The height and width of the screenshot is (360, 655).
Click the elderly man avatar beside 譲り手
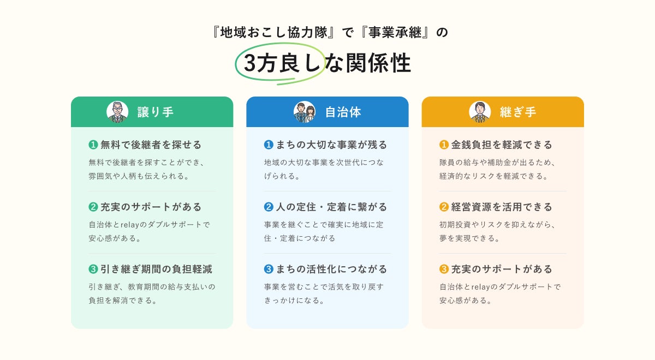pos(117,112)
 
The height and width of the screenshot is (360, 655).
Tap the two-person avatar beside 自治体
pos(304,112)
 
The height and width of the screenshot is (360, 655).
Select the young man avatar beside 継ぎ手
pos(479,112)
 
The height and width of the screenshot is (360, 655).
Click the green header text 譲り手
pos(156,112)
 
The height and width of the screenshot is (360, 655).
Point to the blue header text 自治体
pos(343,112)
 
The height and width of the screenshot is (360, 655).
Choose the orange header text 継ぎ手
pos(518,112)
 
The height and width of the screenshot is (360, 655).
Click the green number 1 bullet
pos(93,145)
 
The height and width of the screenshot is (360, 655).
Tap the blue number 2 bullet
pos(269,207)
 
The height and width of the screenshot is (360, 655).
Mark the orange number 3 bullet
pos(444,269)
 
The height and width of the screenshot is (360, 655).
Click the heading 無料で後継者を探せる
pos(151,145)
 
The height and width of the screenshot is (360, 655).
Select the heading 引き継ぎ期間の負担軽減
pos(157,269)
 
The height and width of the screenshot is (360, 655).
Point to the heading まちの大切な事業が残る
pos(332,145)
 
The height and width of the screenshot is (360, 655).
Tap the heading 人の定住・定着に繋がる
pos(332,207)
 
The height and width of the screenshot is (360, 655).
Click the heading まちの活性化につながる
pos(332,269)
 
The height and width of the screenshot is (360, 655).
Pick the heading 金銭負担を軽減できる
pos(502,145)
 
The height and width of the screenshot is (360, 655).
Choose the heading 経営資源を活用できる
pos(502,207)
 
